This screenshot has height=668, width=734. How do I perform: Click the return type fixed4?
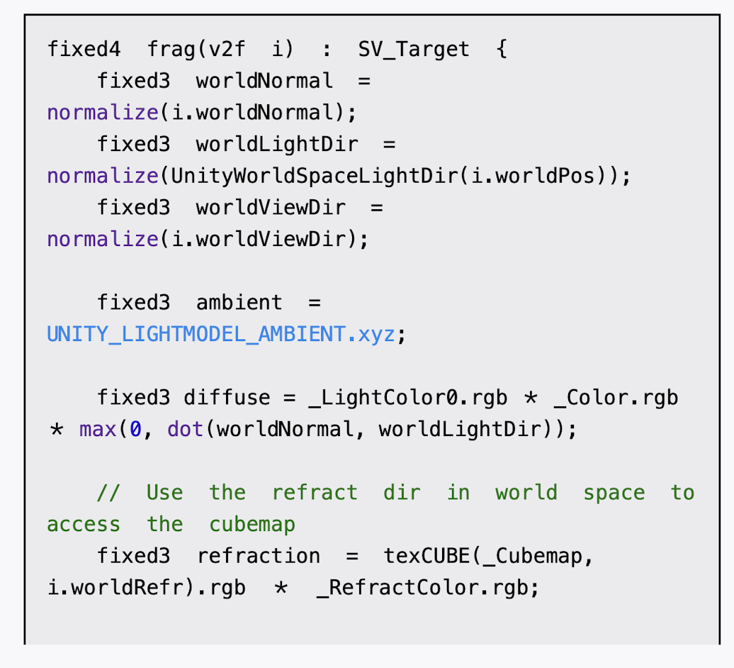point(84,50)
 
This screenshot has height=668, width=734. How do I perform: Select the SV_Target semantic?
point(413,50)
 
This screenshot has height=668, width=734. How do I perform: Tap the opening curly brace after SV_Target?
point(502,50)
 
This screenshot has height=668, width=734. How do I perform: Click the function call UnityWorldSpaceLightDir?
point(311,176)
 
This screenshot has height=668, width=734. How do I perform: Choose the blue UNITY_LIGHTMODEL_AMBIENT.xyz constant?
point(220,334)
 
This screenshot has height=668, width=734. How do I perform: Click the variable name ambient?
point(239,303)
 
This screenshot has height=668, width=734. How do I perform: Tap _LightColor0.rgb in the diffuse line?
point(408,398)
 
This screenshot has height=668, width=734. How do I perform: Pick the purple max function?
point(98,429)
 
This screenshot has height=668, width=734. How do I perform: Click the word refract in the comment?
point(315,493)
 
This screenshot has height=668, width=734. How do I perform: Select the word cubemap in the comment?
point(252,525)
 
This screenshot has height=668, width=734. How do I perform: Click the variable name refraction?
point(258,556)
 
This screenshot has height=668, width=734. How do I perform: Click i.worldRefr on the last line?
point(116,588)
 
